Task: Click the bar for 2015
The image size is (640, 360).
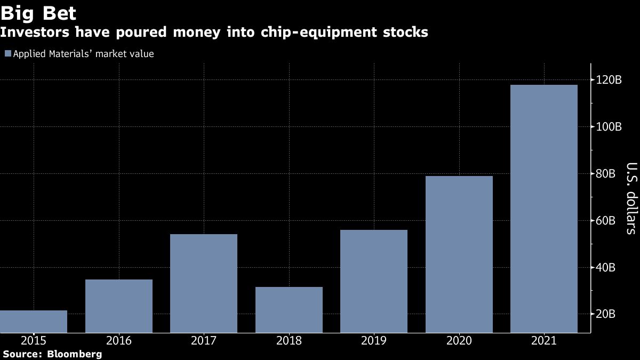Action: click(x=34, y=322)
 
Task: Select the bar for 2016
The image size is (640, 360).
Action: click(x=119, y=306)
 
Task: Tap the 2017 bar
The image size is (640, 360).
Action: click(x=204, y=283)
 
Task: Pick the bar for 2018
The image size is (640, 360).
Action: click(x=289, y=310)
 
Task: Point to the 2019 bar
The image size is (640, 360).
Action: click(x=374, y=281)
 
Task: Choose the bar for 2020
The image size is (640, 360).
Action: click(x=459, y=254)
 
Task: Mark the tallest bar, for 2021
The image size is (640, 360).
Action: click(x=544, y=209)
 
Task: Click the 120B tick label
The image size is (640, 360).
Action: click(x=609, y=79)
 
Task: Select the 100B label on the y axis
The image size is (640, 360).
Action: click(x=609, y=126)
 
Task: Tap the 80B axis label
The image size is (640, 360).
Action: click(x=606, y=173)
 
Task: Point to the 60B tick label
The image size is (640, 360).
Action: click(x=606, y=220)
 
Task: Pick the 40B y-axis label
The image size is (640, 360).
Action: click(x=606, y=267)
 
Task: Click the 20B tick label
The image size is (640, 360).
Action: click(x=606, y=314)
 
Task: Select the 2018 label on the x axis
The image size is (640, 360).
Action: click(x=289, y=341)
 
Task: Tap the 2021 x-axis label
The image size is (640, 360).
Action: click(x=544, y=341)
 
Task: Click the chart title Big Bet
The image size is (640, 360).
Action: click(x=38, y=13)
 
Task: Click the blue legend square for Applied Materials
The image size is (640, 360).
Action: click(x=8, y=53)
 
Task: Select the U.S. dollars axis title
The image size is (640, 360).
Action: click(x=631, y=198)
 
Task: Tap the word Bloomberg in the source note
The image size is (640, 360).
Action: click(x=74, y=354)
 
